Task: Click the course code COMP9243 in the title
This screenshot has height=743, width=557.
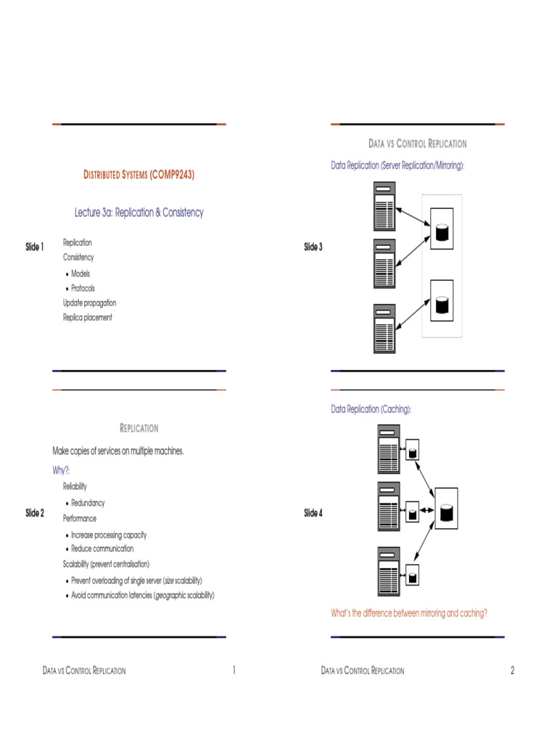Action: (173, 175)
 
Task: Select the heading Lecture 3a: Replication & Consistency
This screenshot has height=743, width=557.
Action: (139, 213)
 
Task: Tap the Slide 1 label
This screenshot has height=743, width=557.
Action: (35, 247)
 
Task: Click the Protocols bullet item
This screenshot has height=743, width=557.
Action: (83, 288)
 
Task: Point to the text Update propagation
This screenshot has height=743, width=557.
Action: (89, 303)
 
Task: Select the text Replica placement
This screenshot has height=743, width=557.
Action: (87, 317)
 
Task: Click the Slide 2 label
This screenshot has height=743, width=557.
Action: (35, 513)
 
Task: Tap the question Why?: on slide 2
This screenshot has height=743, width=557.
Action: (62, 470)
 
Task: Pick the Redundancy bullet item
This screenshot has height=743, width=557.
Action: (88, 503)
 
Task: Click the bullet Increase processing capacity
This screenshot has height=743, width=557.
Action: (109, 535)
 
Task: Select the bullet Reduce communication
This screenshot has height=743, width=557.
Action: (102, 549)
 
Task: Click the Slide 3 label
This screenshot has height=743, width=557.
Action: (313, 247)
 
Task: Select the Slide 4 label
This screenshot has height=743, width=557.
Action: (313, 513)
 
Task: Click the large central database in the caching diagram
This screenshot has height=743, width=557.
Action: (446, 512)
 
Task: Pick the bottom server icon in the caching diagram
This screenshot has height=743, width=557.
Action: (388, 572)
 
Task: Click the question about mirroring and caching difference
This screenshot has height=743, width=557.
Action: (409, 613)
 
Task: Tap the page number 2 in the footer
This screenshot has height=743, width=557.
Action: (512, 670)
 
